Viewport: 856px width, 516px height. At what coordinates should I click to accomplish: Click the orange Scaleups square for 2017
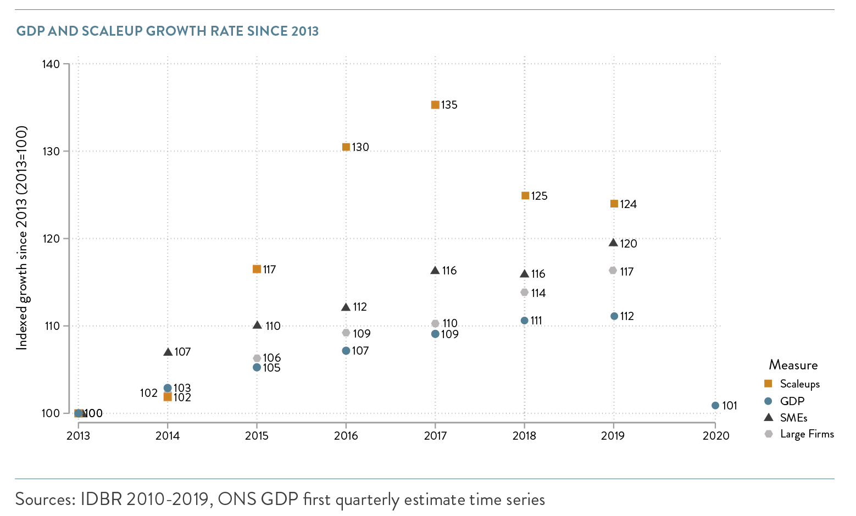[x=435, y=105]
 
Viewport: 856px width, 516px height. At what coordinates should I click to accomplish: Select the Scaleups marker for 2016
[x=346, y=147]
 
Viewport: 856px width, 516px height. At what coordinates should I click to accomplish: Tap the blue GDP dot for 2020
[x=715, y=406]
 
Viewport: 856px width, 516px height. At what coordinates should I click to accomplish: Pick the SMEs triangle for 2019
[x=614, y=243]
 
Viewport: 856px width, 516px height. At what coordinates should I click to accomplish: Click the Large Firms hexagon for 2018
[x=524, y=293]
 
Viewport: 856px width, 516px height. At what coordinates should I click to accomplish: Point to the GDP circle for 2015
[x=257, y=367]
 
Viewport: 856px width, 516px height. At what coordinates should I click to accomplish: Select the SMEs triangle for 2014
[x=168, y=352]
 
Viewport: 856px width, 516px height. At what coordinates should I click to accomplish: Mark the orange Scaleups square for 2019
[x=614, y=204]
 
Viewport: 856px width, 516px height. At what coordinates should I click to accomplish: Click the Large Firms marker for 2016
[x=346, y=333]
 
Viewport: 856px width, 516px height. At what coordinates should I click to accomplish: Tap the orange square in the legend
[x=768, y=384]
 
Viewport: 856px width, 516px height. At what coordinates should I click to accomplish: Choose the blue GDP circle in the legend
[x=768, y=401]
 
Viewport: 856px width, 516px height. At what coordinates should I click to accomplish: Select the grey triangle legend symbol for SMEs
[x=768, y=417]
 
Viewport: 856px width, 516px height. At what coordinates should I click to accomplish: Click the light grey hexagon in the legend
[x=768, y=434]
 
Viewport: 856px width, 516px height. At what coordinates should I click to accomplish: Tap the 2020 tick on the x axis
[x=715, y=435]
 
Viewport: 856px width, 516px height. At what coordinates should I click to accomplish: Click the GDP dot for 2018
[x=524, y=321]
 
